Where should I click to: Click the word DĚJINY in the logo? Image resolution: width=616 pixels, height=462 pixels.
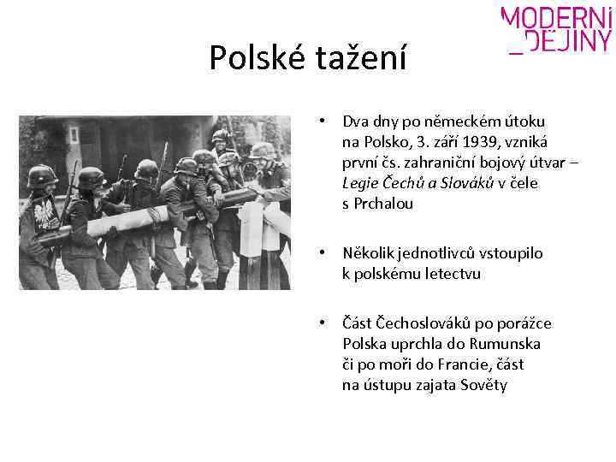pos(568,41)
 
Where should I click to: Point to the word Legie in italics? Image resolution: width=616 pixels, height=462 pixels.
pos(359,183)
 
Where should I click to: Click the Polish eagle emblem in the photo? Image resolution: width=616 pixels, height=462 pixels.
pos(39,209)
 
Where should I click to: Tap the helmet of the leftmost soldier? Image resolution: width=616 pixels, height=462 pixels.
pos(41,175)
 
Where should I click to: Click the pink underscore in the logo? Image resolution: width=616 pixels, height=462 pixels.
pos(515,51)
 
